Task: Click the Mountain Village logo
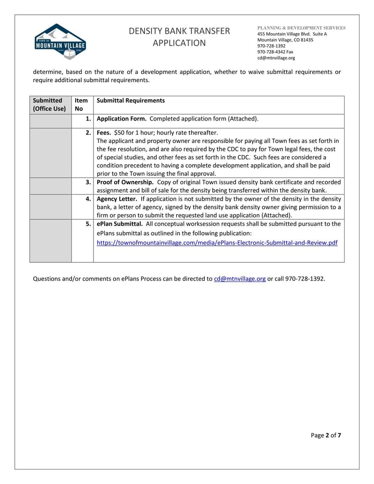60,42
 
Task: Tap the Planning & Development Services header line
302,28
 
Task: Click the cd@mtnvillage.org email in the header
276,58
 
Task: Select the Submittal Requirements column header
130,101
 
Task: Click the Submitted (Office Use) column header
50,105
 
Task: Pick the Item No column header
81,105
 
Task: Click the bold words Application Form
122,119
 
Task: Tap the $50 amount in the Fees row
120,132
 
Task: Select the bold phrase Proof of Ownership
125,182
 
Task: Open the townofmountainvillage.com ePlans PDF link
217,243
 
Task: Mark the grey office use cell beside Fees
50,153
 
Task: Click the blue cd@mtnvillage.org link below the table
240,279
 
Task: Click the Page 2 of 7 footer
326,435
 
